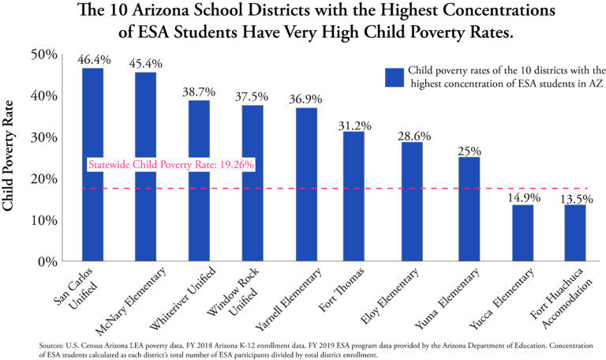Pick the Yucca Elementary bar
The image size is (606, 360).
(522, 232)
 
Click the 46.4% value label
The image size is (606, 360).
(93, 60)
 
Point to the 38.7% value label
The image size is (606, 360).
(200, 92)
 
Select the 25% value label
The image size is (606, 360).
(469, 149)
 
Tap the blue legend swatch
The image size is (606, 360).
(394, 77)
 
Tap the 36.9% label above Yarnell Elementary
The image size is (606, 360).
(306, 99)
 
